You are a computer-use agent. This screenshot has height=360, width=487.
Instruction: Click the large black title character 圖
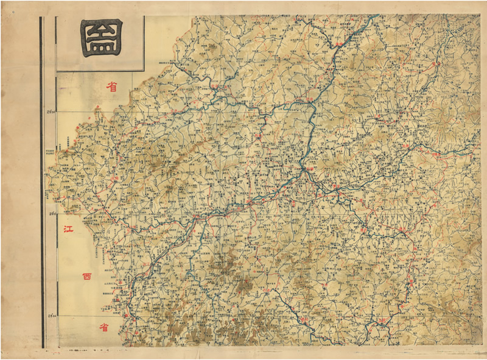(100, 38)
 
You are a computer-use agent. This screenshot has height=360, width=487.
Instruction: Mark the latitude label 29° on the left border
(52, 213)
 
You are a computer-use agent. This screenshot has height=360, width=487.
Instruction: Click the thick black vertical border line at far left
(41, 183)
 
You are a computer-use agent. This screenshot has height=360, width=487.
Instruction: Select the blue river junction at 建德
(312, 104)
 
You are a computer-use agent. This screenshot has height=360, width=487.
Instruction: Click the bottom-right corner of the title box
(144, 71)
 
